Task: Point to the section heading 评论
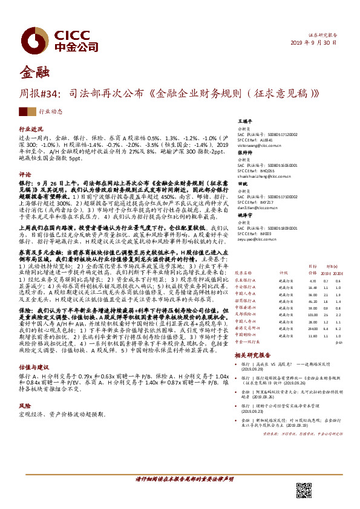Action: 25,173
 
